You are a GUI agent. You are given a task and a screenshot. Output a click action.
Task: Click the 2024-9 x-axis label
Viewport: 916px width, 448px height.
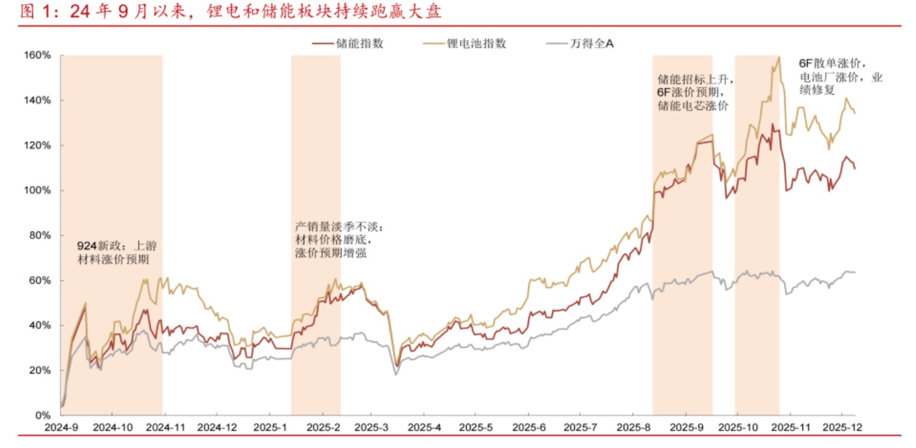pos(60,427)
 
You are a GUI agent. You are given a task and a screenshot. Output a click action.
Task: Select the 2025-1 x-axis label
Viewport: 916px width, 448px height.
pos(269,427)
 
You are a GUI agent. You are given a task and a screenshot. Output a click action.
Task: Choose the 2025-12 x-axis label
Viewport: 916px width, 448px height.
pos(841,427)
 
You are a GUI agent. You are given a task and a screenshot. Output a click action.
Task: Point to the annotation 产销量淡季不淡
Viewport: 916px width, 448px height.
pos(338,240)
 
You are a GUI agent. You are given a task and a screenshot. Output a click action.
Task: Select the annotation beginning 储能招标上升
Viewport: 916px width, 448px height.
pos(695,92)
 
